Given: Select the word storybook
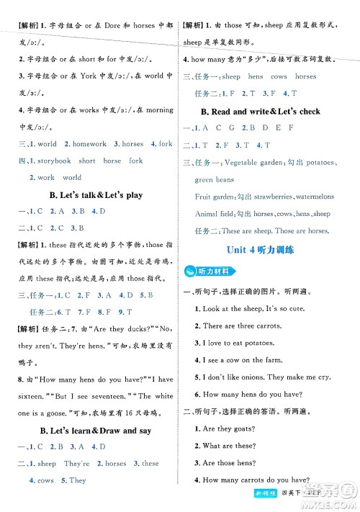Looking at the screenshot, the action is point(53,161).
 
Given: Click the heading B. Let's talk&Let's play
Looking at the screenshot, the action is point(89,194).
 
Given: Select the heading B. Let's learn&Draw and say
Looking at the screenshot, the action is point(89,430).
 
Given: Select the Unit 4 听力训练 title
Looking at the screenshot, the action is point(269,250).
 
